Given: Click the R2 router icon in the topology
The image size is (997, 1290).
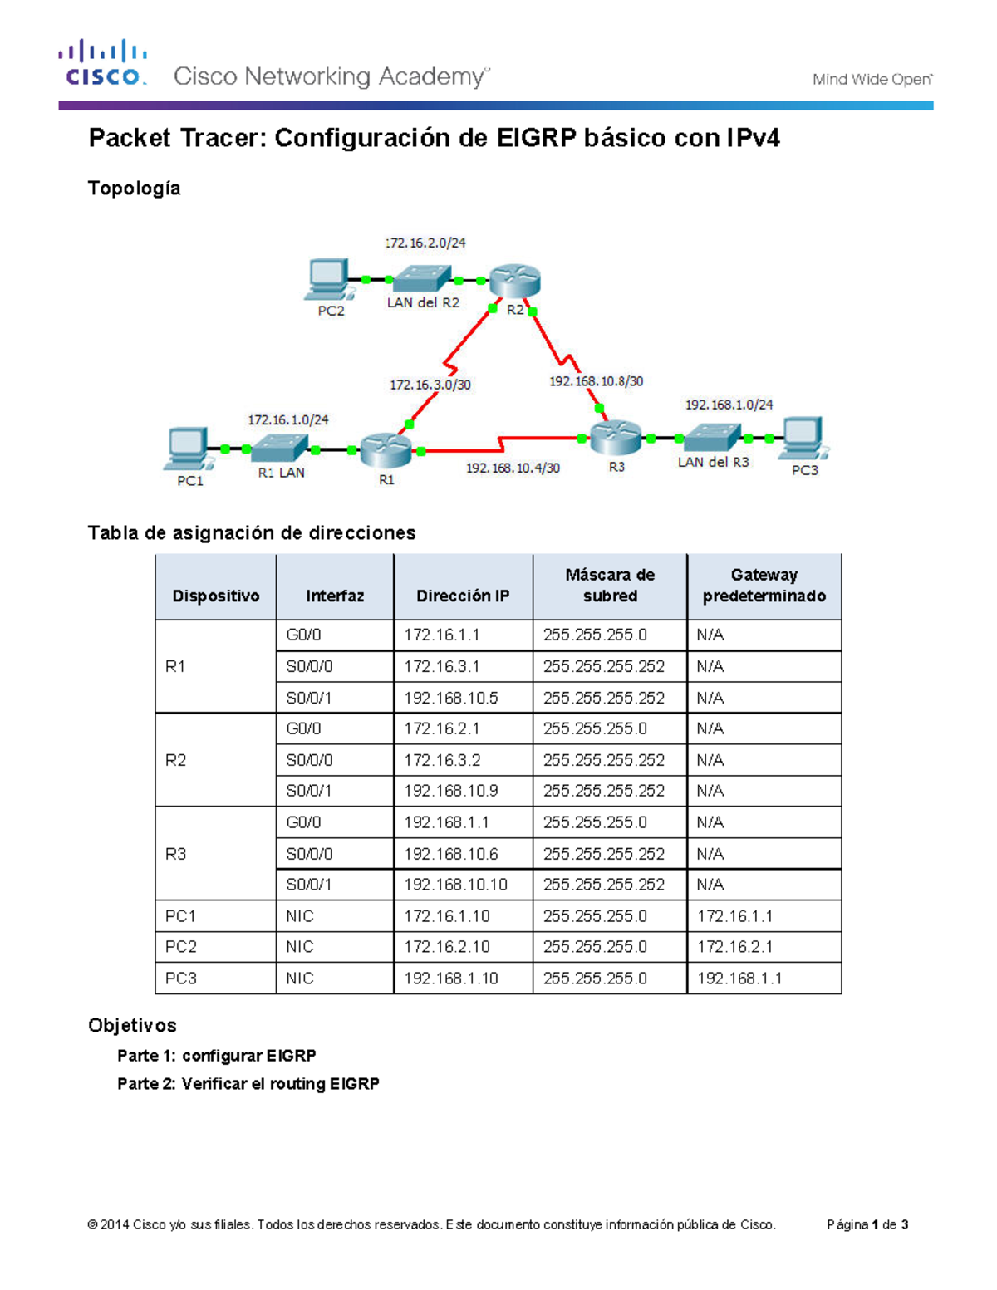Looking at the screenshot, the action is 514,281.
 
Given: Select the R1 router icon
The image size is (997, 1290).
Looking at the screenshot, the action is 386,449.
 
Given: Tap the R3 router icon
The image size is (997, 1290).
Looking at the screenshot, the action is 616,437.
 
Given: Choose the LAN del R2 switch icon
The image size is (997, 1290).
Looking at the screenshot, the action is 421,278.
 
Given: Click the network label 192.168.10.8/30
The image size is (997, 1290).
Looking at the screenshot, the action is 596,381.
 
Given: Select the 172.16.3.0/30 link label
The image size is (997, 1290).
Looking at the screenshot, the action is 430,385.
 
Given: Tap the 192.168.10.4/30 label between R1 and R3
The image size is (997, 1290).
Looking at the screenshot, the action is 513,468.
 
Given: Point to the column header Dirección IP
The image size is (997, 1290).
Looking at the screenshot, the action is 463,596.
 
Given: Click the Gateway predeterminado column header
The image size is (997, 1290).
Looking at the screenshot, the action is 764,586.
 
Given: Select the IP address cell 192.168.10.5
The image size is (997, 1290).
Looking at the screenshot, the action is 451,698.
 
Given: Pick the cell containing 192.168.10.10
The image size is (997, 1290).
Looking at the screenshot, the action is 455,885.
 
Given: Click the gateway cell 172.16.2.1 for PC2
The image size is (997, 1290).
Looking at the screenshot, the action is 735,947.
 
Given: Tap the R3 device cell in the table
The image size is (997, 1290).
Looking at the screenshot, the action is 176,854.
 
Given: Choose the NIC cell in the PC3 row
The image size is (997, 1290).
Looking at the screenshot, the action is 300,979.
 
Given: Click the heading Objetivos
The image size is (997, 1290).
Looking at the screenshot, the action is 132,1026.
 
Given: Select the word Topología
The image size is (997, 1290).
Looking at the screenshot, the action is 135,189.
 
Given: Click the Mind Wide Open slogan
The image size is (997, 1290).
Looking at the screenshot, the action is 872,80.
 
